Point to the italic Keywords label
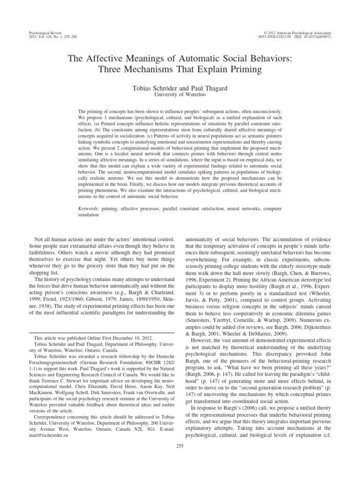pos(88,207)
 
